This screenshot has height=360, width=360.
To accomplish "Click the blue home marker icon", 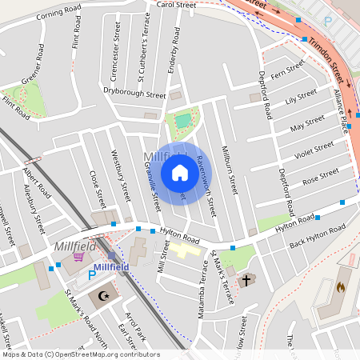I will [x=179, y=173].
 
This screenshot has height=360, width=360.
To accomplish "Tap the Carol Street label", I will [x=176, y=5].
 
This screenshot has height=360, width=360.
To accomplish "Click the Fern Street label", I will [x=289, y=74].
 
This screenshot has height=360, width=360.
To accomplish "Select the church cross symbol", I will [x=246, y=280].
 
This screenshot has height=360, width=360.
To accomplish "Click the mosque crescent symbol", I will [x=102, y=295].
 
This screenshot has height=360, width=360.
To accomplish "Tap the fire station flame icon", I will [x=340, y=286].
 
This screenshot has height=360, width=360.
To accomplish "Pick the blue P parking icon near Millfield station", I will [x=91, y=274].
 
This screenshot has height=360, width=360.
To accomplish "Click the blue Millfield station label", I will [x=111, y=266].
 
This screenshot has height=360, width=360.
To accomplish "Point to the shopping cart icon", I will [x=78, y=258].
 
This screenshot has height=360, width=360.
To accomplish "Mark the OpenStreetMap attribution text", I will [x=80, y=354].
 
